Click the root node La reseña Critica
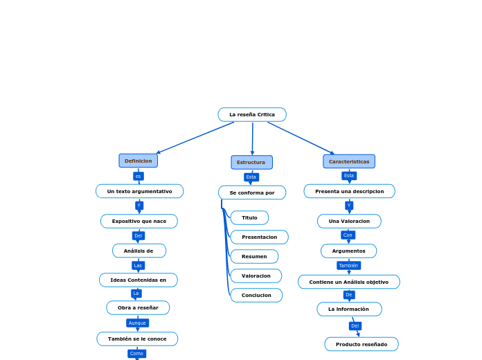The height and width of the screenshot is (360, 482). [x=252, y=115]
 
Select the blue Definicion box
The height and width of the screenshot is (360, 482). [x=139, y=161]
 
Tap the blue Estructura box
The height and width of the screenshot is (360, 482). [x=251, y=163]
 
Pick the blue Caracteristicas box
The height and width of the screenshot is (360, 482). [x=349, y=161]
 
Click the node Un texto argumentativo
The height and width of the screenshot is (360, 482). [x=139, y=191]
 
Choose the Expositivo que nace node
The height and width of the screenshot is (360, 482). [x=139, y=222]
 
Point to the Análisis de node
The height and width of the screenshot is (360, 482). [x=139, y=251]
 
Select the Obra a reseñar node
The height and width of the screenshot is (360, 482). [x=138, y=308]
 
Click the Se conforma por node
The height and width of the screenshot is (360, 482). [x=252, y=192]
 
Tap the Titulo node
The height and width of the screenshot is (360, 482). [x=249, y=218]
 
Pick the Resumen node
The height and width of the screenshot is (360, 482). [x=254, y=257]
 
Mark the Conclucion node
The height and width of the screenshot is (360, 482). [x=256, y=296]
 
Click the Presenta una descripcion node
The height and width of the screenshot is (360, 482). [x=349, y=191]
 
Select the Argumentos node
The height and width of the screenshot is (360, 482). [x=348, y=251]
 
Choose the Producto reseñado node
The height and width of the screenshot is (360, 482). [x=361, y=344]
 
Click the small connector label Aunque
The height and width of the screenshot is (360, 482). [x=137, y=323]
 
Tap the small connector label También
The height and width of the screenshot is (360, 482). [x=348, y=265]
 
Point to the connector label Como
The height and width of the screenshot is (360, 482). [x=136, y=354]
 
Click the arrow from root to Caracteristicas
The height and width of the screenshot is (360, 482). [x=301, y=138]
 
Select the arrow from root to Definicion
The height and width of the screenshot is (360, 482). [x=195, y=138]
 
